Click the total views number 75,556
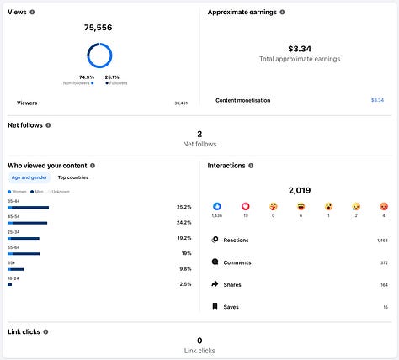pos(98,28)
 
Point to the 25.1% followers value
pos(112,77)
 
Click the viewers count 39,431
pos(180,103)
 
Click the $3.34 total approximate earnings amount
pos(300,49)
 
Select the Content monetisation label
pos(243,100)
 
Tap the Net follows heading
pos(25,125)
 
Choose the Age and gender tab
pos(29,177)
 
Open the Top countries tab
pos(72,177)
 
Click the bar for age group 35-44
pos(29,207)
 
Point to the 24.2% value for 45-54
pos(184,223)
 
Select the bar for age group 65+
pos(18,269)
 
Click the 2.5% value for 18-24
pos(185,284)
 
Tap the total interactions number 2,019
pos(300,191)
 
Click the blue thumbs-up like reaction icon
pos(217,206)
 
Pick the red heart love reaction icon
pos(245,206)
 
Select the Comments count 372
pos(383,262)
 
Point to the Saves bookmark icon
pos(215,306)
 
